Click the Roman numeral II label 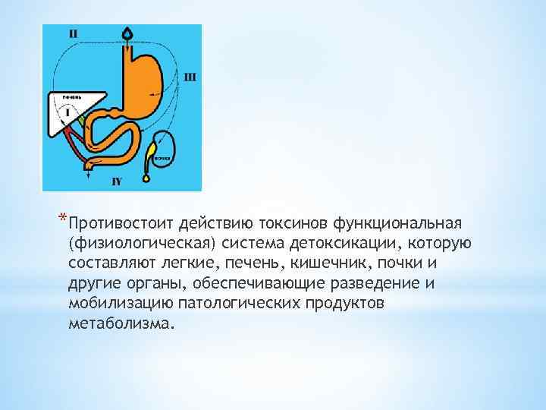click(x=73, y=33)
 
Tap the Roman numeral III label click(x=190, y=76)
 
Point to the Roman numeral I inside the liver click(x=68, y=112)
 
